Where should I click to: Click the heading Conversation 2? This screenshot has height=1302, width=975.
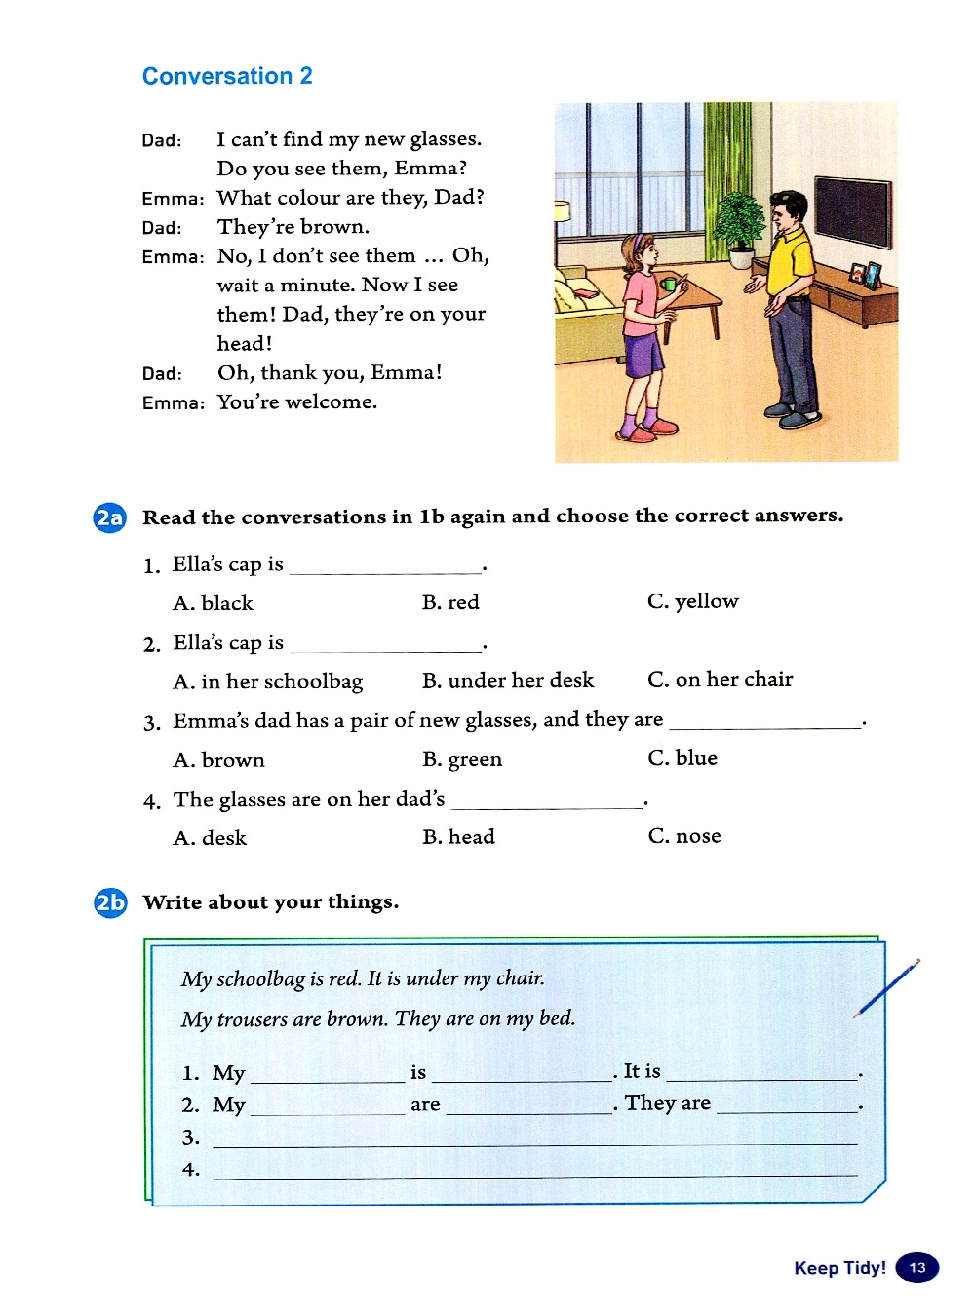tap(227, 76)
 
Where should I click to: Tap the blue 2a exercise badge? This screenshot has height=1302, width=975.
tap(109, 517)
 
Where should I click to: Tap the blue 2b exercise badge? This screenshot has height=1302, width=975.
tap(110, 902)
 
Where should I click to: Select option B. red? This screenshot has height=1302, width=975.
tap(450, 602)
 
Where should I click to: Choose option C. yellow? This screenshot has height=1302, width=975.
tap(692, 601)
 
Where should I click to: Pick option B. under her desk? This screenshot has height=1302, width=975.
tap(507, 680)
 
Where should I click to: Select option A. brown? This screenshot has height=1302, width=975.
tap(218, 760)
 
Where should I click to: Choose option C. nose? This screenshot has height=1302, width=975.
tap(684, 836)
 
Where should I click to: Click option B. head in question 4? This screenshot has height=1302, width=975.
tap(458, 837)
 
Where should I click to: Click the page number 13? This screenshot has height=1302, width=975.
tap(916, 1267)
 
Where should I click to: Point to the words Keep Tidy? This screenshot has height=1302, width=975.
tap(839, 1268)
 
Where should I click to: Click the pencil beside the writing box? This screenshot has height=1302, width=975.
tap(887, 987)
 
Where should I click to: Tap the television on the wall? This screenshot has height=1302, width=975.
tap(852, 212)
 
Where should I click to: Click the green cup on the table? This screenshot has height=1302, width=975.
tap(669, 285)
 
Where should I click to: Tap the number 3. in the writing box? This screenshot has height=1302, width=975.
tap(191, 1137)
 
